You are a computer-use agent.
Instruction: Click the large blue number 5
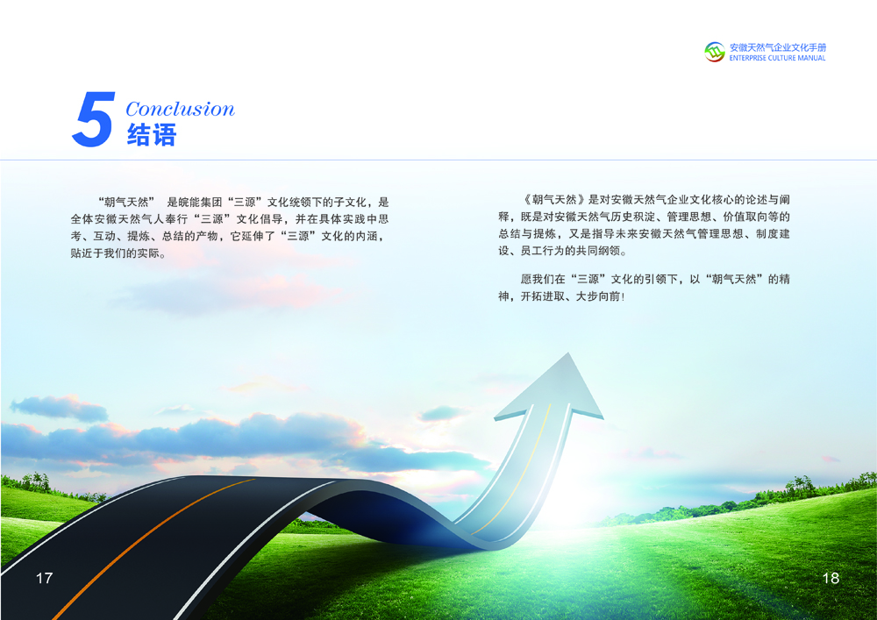[x=94, y=119]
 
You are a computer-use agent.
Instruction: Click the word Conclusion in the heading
[x=180, y=109]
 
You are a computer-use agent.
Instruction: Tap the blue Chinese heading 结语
[x=152, y=135]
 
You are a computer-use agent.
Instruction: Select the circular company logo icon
[x=714, y=52]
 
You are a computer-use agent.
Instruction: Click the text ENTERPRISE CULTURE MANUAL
[x=777, y=58]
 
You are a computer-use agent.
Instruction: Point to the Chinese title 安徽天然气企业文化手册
[x=777, y=47]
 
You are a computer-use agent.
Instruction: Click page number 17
[x=44, y=578]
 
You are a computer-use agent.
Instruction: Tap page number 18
[x=831, y=578]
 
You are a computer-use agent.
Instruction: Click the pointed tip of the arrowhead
[x=568, y=353]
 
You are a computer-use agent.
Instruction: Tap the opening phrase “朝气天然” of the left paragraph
[x=126, y=203]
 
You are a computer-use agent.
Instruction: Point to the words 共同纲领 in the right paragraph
[x=598, y=251]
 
